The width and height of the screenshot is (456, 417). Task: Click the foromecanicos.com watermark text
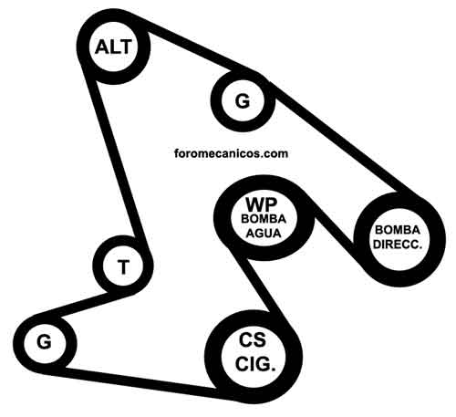pos(232,153)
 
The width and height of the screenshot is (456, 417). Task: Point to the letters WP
pos(262,204)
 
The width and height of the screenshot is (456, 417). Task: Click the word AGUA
pos(264,234)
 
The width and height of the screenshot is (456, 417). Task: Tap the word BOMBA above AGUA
pos(264,219)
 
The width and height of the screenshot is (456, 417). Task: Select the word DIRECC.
pos(398,245)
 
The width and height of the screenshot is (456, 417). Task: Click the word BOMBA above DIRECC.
pos(398,230)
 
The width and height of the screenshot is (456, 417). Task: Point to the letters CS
pos(253,339)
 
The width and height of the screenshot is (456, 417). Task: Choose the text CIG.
pos(255,364)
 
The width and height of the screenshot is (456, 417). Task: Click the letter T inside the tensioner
pos(123,266)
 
